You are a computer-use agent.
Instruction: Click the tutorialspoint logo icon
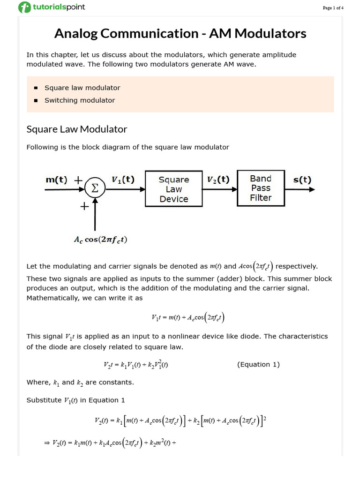[24, 7]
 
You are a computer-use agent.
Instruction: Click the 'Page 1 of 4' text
[333, 8]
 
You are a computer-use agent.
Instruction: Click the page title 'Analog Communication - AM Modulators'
[180, 34]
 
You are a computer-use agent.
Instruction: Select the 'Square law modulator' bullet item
[82, 88]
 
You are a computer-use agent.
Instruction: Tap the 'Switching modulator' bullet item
[79, 100]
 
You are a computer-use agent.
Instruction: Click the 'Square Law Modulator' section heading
[77, 129]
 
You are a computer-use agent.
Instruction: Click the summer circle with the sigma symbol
[95, 189]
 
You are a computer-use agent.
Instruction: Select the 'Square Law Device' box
[173, 189]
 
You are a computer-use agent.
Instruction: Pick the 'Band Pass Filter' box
[261, 188]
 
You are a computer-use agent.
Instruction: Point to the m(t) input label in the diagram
[56, 180]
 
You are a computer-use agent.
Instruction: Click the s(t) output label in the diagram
[302, 179]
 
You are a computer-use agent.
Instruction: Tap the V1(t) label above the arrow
[122, 179]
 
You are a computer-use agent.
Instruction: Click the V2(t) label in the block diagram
[218, 179]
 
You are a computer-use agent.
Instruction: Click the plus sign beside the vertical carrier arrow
[85, 206]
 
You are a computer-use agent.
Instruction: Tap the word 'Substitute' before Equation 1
[44, 400]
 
